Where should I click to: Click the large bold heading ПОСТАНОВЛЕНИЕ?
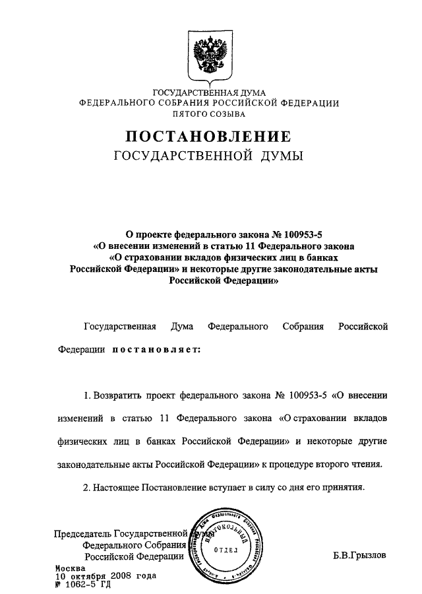tap(209, 137)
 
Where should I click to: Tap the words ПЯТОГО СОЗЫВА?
tap(209, 114)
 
